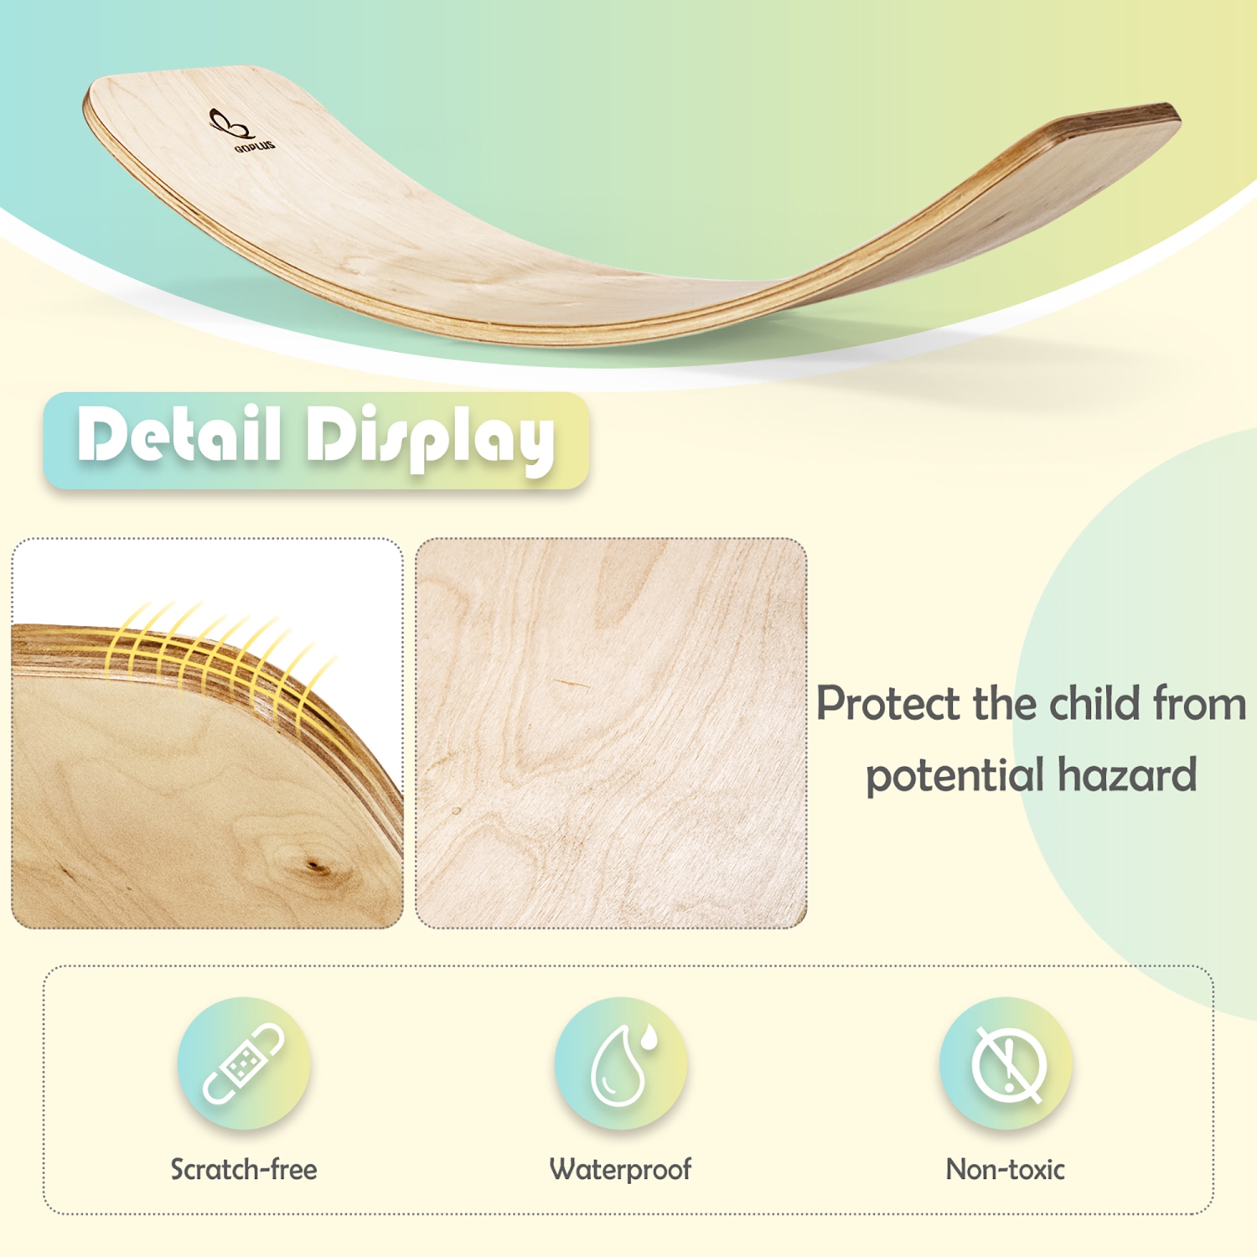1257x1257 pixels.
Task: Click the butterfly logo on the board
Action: tap(229, 124)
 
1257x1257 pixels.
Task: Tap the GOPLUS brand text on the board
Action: tap(255, 147)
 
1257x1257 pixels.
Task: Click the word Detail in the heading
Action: tap(178, 435)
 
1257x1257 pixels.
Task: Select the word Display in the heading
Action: tap(430, 438)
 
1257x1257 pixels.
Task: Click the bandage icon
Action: tap(244, 1063)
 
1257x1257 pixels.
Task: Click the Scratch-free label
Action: tap(244, 1169)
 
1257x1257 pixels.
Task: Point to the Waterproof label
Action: tap(620, 1169)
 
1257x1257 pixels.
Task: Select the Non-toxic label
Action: tap(1005, 1169)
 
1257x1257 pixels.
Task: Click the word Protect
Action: tap(887, 704)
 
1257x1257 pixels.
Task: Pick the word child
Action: tap(1094, 703)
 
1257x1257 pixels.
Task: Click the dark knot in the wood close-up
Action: tap(316, 866)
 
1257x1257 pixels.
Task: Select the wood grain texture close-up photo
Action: tap(611, 733)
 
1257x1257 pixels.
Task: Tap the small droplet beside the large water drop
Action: tap(648, 1039)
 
